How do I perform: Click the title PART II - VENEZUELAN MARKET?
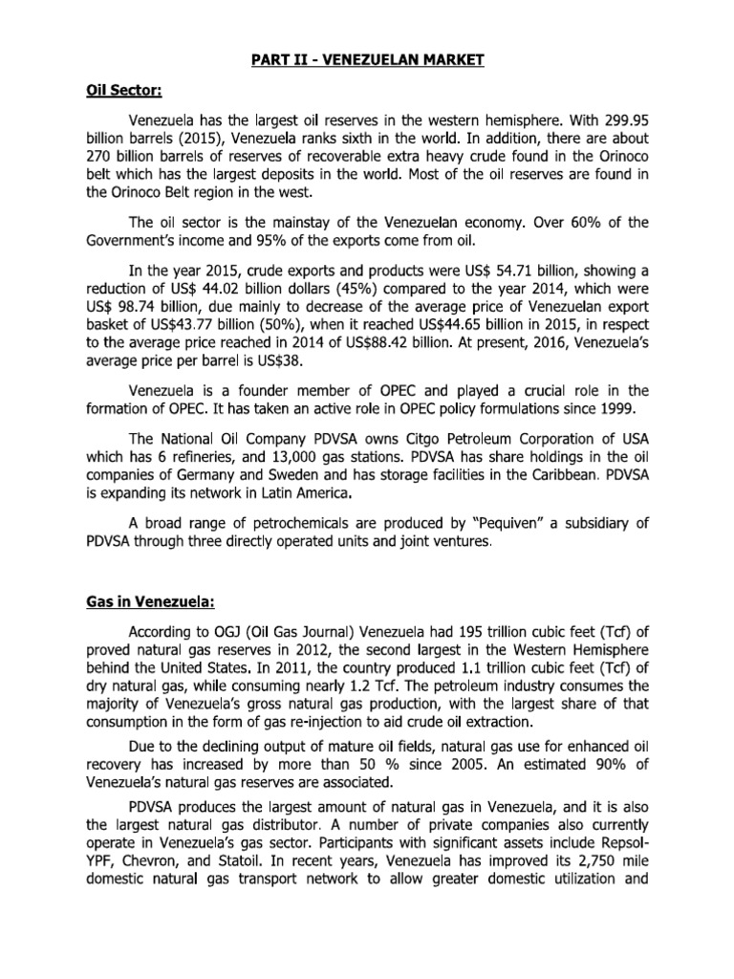click(x=367, y=60)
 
